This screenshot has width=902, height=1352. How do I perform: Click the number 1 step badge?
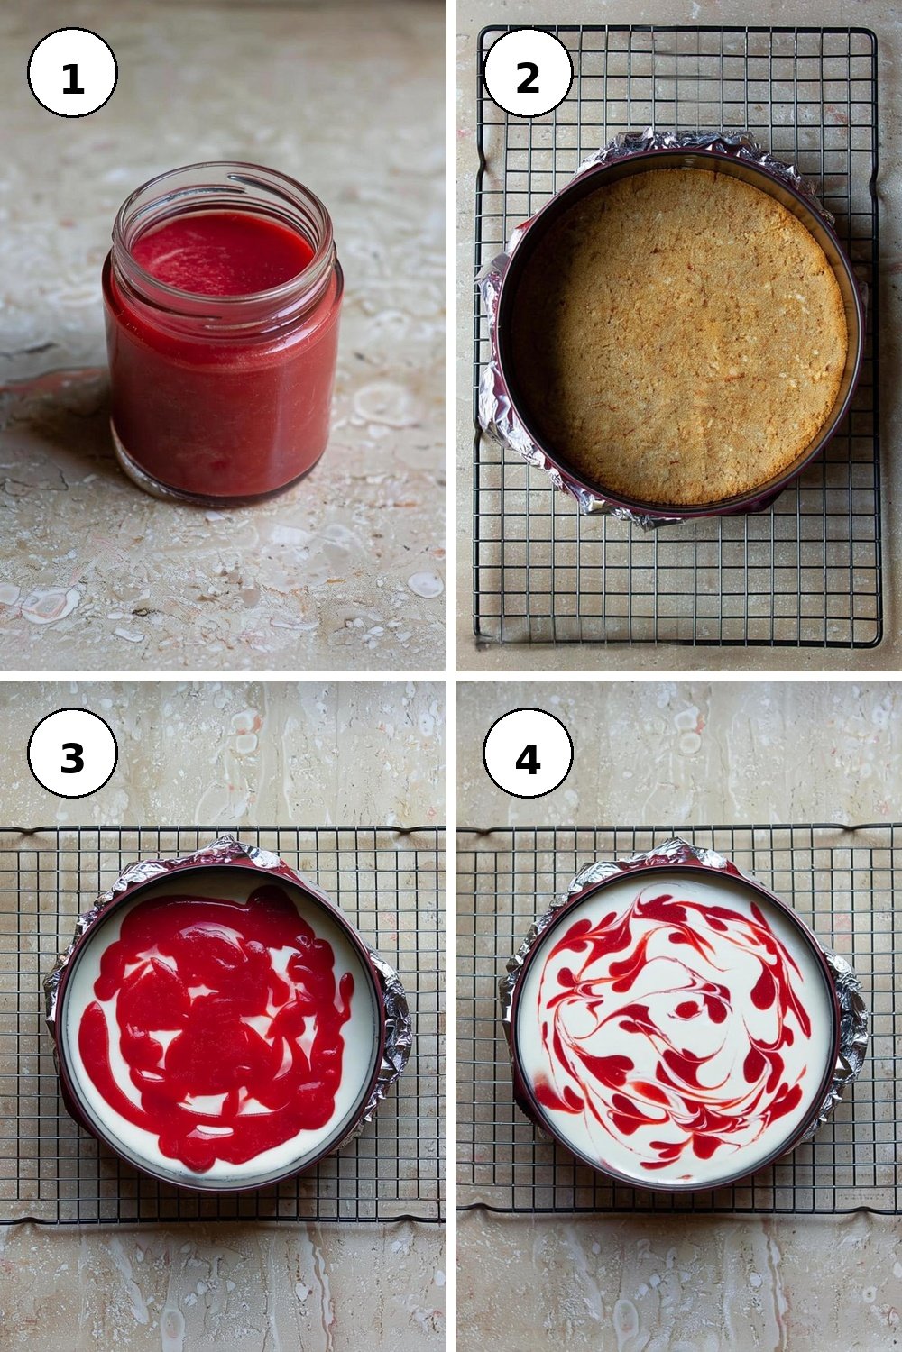[72, 73]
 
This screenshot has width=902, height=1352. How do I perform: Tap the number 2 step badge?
[528, 72]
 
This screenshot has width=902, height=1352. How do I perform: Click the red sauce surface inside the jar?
[222, 252]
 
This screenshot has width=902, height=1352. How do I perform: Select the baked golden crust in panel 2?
[680, 335]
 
